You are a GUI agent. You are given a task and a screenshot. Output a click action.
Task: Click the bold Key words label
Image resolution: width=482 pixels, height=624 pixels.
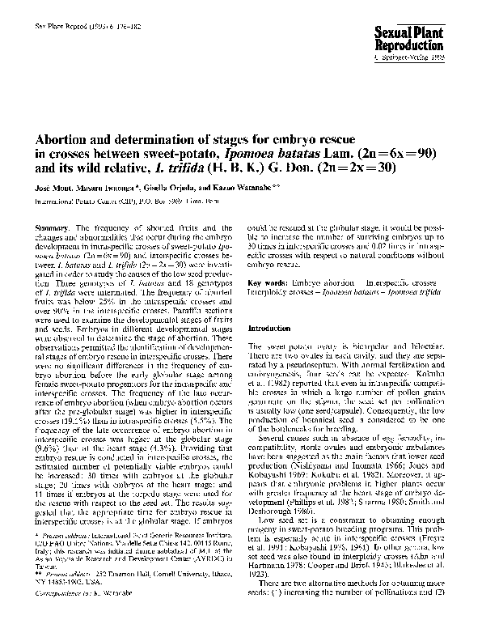click(264, 283)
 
